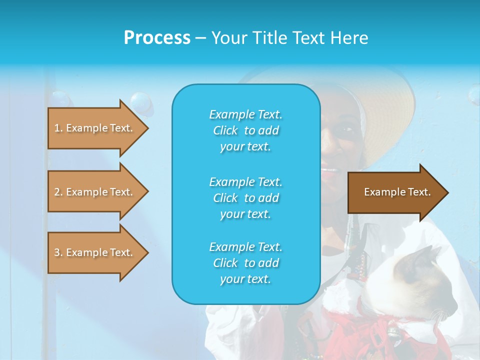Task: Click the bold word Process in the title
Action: [x=157, y=38]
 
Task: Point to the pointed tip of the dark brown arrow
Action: [x=446, y=192]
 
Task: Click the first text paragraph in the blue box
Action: [x=245, y=130]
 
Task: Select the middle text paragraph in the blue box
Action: [x=245, y=198]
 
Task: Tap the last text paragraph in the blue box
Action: [x=245, y=263]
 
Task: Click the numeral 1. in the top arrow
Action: [x=58, y=128]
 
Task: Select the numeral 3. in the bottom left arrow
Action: [x=58, y=252]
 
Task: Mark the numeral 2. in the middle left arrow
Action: [x=58, y=192]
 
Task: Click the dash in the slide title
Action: [x=201, y=38]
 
